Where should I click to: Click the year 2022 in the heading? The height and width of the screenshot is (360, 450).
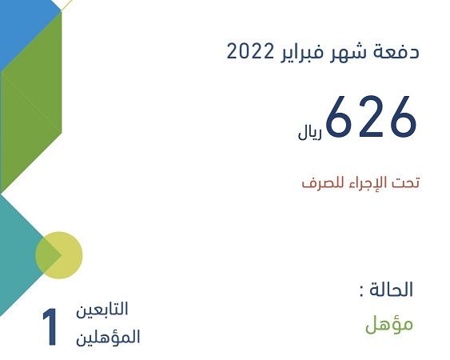tap(249, 52)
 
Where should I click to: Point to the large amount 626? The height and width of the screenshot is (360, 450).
tap(371, 116)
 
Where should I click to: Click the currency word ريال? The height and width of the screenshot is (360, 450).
tap(310, 133)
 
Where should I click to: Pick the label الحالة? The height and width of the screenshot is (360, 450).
tap(391, 289)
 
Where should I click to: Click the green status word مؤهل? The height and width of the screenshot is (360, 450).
tap(389, 325)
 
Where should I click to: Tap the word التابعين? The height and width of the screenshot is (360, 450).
tap(102, 309)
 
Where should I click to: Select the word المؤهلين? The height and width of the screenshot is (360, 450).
tap(108, 337)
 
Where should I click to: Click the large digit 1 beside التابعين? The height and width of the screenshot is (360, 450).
tap(50, 326)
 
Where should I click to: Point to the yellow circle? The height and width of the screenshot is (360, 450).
tap(59, 255)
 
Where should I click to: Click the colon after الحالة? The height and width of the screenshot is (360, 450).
tap(361, 290)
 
